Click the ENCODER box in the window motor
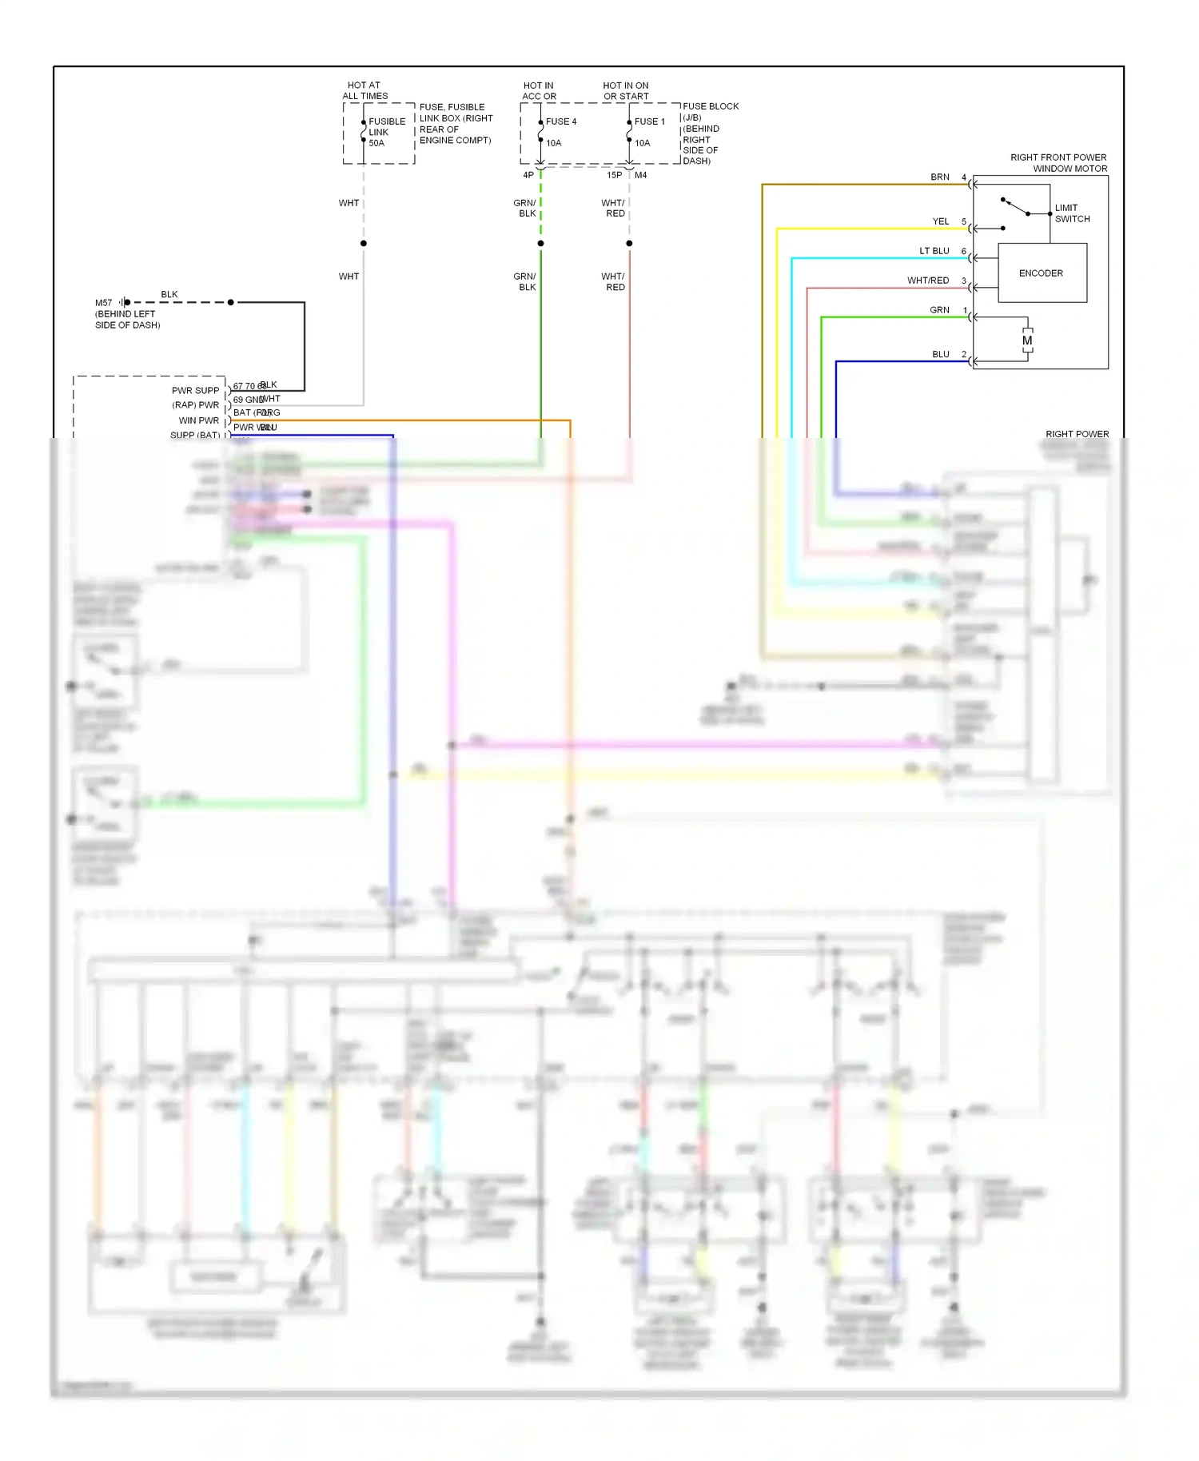[x=1042, y=273]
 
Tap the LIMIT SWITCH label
[x=1072, y=213]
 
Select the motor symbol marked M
[x=1027, y=340]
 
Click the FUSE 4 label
[x=561, y=121]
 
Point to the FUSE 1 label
[x=650, y=121]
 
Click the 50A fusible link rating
[x=376, y=143]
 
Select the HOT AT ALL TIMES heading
[x=364, y=90]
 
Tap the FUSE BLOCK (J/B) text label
[x=710, y=111]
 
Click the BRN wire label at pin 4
[x=940, y=177]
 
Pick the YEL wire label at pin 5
[x=941, y=221]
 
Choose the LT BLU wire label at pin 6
[x=934, y=251]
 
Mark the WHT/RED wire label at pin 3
[x=928, y=281]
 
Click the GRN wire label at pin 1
[x=939, y=310]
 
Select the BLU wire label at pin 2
[x=941, y=354]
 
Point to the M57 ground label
[x=104, y=303]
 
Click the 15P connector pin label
[x=614, y=175]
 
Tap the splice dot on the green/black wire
[x=541, y=243]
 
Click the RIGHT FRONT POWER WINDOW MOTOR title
[x=1058, y=163]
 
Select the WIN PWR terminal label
[x=198, y=420]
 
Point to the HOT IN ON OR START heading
[x=626, y=91]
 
